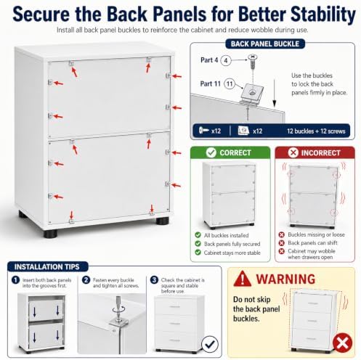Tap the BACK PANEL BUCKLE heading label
click(265, 44)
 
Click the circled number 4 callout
click(226, 60)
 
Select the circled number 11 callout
click(229, 84)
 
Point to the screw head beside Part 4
click(252, 57)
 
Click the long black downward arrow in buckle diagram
click(275, 93)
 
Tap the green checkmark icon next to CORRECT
click(211, 152)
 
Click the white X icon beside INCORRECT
click(293, 152)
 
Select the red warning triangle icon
click(242, 279)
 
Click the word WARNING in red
click(285, 279)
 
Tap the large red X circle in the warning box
click(342, 343)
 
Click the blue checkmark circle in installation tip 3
click(210, 344)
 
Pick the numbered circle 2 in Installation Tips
click(86, 280)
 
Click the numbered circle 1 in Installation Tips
click(15, 280)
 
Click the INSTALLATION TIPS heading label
click(47, 266)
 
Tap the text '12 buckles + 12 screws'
click(316, 131)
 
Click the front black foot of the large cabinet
click(51, 234)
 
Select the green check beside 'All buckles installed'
click(198, 235)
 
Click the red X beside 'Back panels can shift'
click(281, 242)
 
